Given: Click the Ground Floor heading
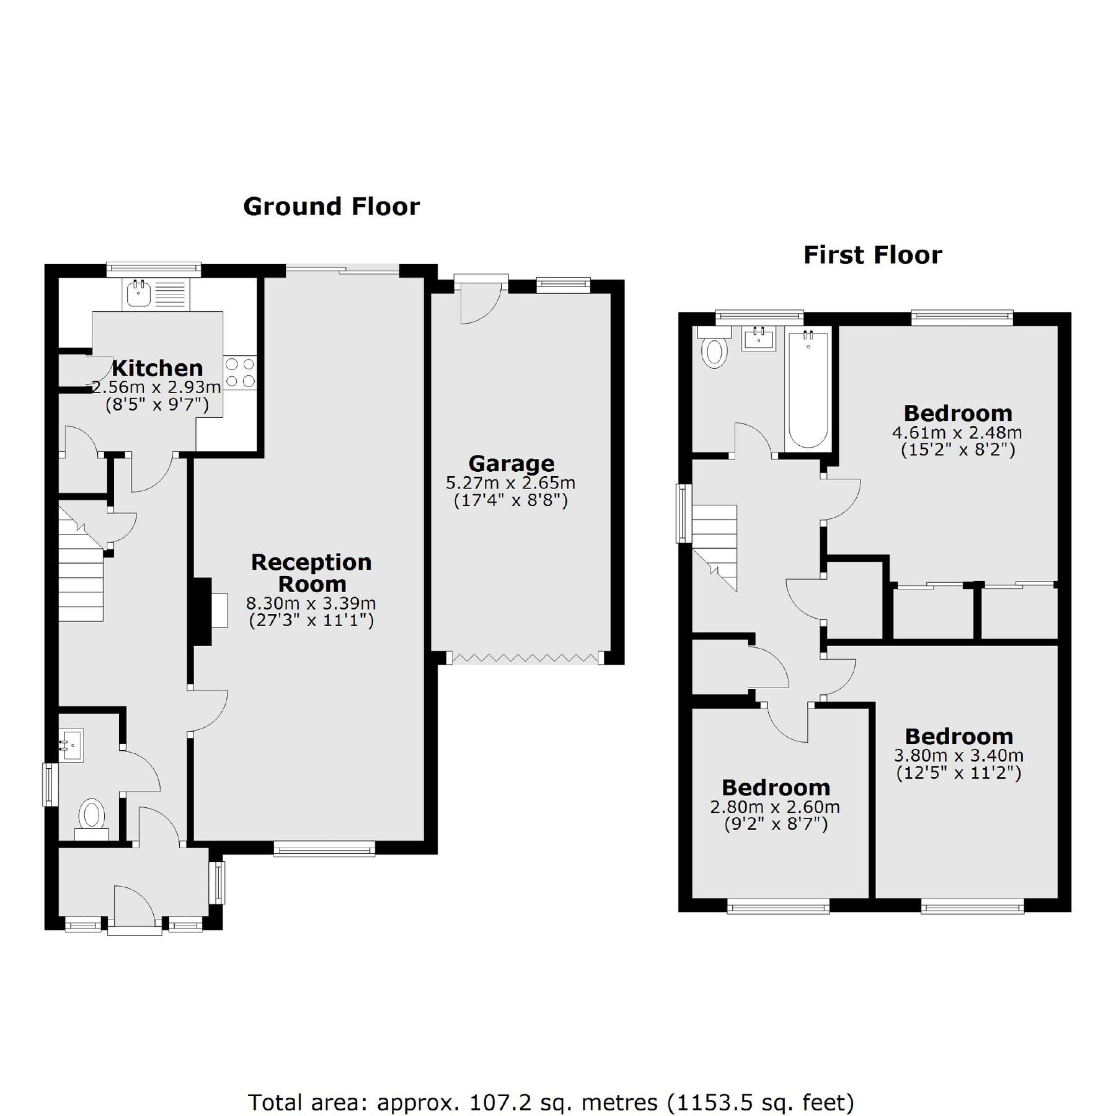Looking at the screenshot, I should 331,206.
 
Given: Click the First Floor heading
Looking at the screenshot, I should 872,255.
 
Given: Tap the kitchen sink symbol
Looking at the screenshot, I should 138,294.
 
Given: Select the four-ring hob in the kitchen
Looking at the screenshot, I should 240,373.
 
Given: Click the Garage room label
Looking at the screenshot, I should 511,463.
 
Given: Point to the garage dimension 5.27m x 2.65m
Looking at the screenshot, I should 510,482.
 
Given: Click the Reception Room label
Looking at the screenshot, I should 311,572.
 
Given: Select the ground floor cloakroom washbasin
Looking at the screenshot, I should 71,744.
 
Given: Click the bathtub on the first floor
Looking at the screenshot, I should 807,391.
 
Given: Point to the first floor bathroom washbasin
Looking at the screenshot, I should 758,339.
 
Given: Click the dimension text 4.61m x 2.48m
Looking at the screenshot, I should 957,432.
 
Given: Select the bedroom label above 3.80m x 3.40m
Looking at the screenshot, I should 959,736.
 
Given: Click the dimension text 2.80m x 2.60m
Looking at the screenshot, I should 775,807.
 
